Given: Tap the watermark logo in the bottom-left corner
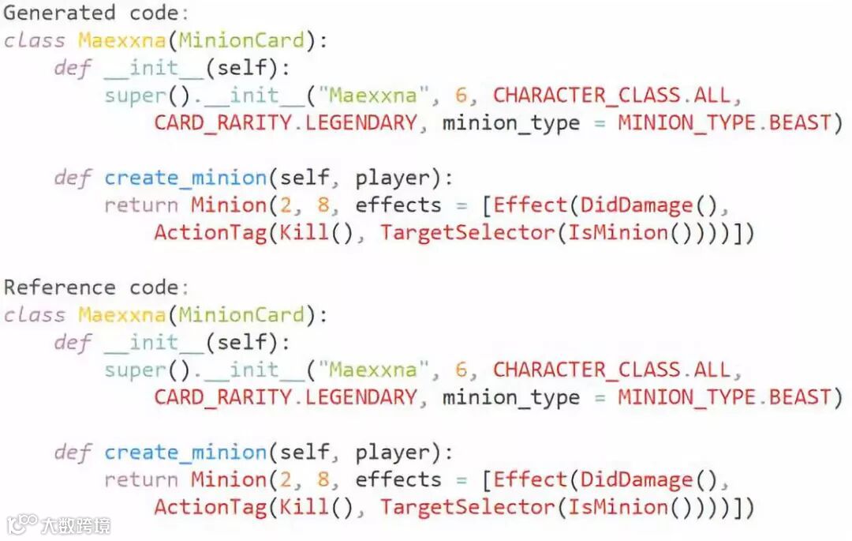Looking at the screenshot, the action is pos(58,524).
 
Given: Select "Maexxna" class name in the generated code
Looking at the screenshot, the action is pos(121,40).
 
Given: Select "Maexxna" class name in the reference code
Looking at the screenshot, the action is pos(121,314).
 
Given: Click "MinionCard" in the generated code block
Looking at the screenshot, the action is pos(241,40).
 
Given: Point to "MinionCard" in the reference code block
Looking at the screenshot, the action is pos(241,314).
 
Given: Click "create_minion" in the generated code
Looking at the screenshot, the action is pos(185,178).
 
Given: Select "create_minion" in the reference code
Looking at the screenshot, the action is pos(185,452).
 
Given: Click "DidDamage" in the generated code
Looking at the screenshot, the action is pos(637,205).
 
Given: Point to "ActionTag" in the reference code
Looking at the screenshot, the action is pos(210,507).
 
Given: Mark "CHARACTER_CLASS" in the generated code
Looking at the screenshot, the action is pos(587,96).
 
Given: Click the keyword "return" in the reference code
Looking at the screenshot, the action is pos(141,479).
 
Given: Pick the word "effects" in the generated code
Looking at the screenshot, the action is pos(398,205).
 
